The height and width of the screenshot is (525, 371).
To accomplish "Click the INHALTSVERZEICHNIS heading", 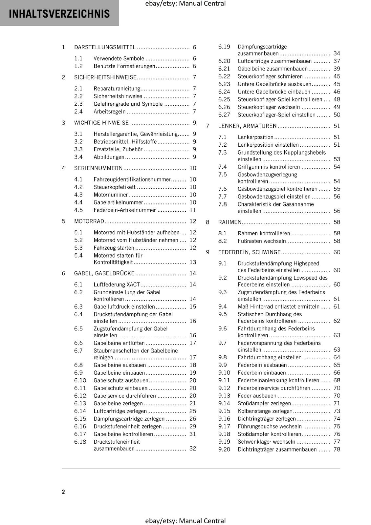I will [59, 14].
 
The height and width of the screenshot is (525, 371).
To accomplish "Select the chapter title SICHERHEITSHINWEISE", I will [105, 77].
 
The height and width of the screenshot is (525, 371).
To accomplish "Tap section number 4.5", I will [78, 210].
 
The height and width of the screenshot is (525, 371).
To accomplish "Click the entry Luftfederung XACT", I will [117, 284].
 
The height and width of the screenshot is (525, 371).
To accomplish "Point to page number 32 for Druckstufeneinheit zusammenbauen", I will [193, 449].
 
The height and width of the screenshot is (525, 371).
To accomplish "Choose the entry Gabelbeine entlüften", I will [119, 343].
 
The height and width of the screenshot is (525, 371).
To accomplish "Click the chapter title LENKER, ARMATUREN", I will [247, 126].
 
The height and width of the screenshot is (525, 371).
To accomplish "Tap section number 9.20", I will [224, 450].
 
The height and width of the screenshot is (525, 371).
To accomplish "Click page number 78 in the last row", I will [337, 450].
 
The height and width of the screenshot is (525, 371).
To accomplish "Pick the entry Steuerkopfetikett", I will [114, 187].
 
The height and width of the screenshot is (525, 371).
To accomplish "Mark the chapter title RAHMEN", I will [230, 222].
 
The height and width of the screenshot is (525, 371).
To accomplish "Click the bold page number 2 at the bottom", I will [63, 492].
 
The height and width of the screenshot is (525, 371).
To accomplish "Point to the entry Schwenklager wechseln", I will [266, 442].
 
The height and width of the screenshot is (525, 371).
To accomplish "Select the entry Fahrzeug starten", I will [114, 248].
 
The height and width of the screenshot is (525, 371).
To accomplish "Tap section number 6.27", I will [224, 115].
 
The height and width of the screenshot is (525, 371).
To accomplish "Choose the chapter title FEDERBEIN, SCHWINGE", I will [249, 252].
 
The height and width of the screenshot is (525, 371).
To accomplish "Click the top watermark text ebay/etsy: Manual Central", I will [185, 4].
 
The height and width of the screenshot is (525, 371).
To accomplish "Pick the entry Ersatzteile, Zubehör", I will [118, 149].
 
